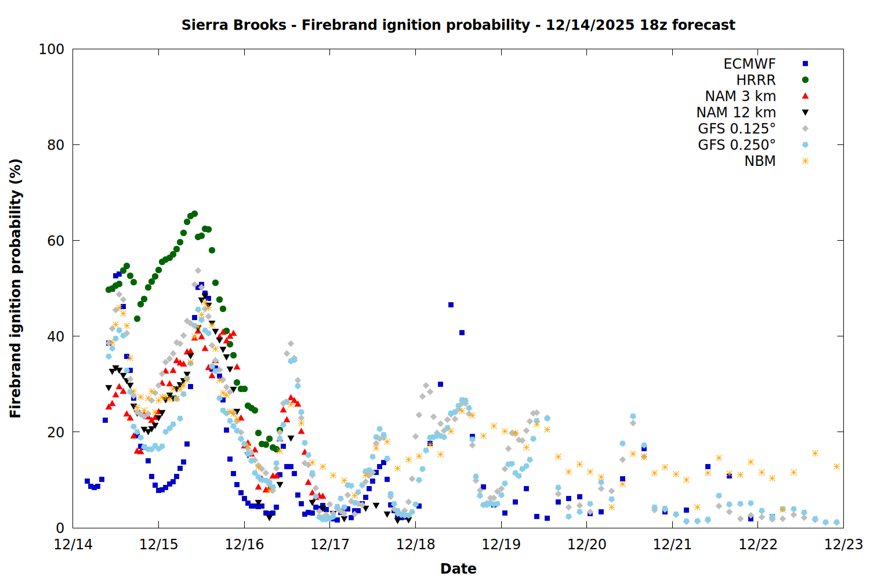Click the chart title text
pyautogui.click(x=458, y=25)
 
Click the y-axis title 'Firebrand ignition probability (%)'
pyautogui.click(x=15, y=288)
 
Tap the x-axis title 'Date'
pyautogui.click(x=458, y=568)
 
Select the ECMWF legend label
pyautogui.click(x=749, y=64)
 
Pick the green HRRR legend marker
pyautogui.click(x=805, y=80)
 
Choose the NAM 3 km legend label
pyautogui.click(x=740, y=96)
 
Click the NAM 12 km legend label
pyautogui.click(x=736, y=113)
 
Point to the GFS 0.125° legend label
pyautogui.click(x=737, y=129)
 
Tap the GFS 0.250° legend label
pyautogui.click(x=737, y=145)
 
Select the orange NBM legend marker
pyautogui.click(x=805, y=161)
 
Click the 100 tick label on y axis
pyautogui.click(x=51, y=49)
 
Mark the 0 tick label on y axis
pyautogui.click(x=60, y=528)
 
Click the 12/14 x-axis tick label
pyautogui.click(x=72, y=545)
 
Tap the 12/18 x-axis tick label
pyautogui.click(x=415, y=545)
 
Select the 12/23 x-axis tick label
pyautogui.click(x=843, y=545)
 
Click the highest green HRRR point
pyautogui.click(x=194, y=214)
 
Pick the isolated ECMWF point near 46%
pyautogui.click(x=451, y=304)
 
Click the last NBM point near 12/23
pyautogui.click(x=836, y=466)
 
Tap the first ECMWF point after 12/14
pyautogui.click(x=87, y=481)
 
